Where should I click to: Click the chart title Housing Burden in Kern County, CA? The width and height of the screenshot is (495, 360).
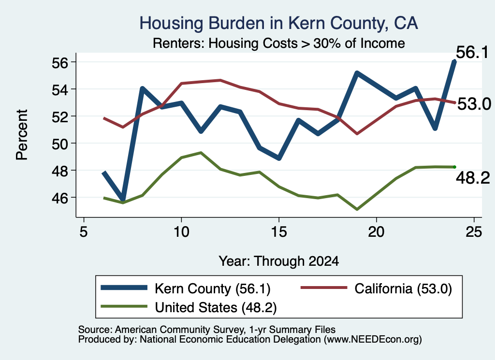(x=279, y=23)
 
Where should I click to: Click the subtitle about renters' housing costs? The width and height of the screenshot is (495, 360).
(x=279, y=43)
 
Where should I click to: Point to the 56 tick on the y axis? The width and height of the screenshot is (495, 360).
(x=60, y=62)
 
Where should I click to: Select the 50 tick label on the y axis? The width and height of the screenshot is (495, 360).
(x=60, y=144)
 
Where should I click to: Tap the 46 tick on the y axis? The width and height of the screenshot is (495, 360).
(x=60, y=198)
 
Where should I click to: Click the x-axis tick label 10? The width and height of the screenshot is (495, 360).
(x=181, y=232)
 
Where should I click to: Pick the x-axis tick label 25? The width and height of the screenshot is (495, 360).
(x=474, y=232)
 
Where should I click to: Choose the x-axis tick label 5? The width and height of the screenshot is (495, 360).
(x=83, y=232)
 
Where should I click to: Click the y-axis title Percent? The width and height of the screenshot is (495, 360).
(x=22, y=135)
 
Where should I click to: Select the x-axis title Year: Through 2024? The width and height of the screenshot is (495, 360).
(x=279, y=261)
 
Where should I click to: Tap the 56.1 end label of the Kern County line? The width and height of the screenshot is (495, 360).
(x=472, y=52)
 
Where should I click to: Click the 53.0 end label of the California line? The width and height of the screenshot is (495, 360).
(x=474, y=104)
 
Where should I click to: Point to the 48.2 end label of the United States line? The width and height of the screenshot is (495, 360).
(x=473, y=178)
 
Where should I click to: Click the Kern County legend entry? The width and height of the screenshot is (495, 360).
(x=186, y=288)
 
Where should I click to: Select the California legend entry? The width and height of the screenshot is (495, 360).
(x=376, y=288)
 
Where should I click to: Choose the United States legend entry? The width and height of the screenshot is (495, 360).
(x=189, y=307)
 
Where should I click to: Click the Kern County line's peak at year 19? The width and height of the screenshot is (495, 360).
(x=357, y=73)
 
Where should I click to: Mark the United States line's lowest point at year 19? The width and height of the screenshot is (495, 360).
(x=357, y=209)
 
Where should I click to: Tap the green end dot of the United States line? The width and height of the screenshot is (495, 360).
(x=454, y=167)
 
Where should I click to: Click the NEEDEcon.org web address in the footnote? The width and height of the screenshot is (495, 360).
(x=373, y=340)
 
